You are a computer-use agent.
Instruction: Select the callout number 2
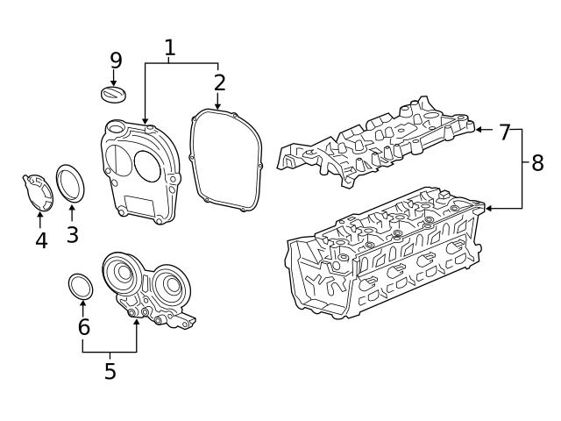(219, 82)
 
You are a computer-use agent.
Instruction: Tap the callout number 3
(72, 234)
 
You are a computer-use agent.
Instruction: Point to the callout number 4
(40, 239)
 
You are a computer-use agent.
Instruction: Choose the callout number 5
(110, 371)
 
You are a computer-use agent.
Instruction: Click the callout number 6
(83, 327)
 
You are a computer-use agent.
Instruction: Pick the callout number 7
(504, 132)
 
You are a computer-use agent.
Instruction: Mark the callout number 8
(536, 162)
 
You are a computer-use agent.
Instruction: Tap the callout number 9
(116, 61)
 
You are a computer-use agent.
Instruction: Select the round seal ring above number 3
(71, 183)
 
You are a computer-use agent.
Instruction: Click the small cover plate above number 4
(37, 191)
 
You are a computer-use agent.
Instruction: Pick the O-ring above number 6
(82, 287)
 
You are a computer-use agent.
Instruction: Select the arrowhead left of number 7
(479, 130)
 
